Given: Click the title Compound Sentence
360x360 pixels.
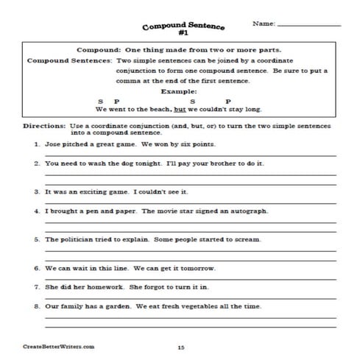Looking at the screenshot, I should [180, 24].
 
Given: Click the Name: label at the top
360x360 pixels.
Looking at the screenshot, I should [264, 24].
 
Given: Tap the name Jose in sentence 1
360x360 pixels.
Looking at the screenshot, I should [53, 144].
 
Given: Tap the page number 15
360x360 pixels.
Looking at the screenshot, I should [181, 345].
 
